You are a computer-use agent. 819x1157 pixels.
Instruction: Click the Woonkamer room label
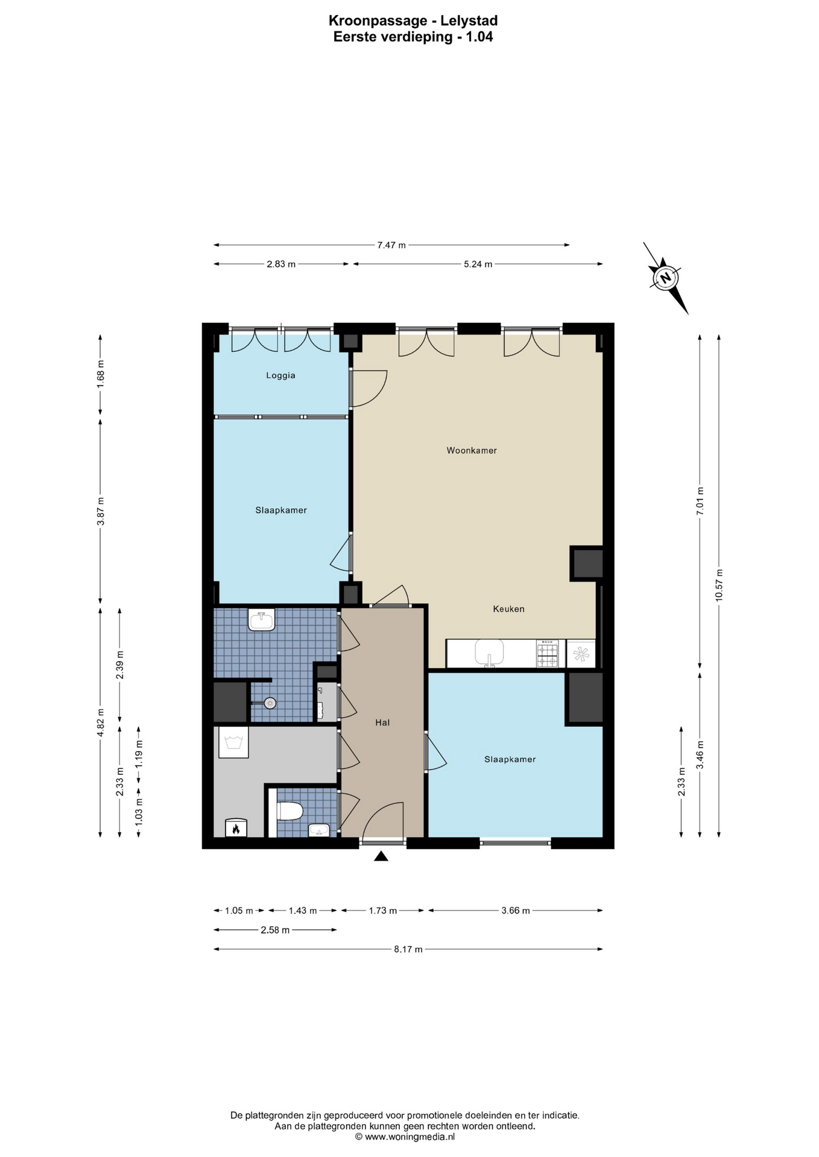[472, 450]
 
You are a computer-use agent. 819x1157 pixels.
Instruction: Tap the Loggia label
[281, 375]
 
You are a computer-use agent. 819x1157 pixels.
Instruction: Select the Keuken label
[508, 609]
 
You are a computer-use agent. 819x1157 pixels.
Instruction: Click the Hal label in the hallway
[382, 723]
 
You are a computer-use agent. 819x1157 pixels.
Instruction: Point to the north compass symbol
[666, 278]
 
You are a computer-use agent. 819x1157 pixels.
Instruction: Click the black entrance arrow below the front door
[381, 856]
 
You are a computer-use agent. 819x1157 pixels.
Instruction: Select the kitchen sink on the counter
[489, 653]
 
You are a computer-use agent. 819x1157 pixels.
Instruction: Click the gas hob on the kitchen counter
[547, 654]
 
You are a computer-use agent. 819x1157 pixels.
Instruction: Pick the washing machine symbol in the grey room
[233, 742]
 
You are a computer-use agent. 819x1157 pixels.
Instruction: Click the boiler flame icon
[236, 828]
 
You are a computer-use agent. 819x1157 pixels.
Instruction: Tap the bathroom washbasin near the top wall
[262, 619]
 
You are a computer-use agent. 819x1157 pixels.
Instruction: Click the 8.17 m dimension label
[408, 949]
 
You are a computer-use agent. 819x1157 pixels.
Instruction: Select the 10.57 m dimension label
[718, 585]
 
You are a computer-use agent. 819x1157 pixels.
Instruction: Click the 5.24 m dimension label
[478, 264]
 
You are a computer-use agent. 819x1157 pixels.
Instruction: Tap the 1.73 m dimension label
[383, 911]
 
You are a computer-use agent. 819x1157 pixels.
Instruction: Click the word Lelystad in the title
[469, 21]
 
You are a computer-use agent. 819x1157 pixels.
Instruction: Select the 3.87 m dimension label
[101, 511]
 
